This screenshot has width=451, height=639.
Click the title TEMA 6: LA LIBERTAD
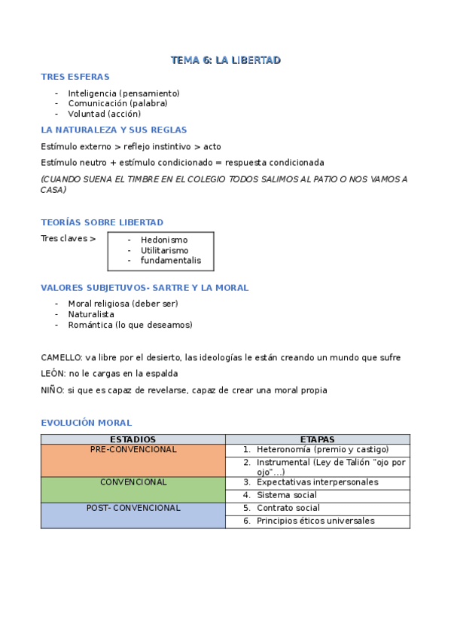click(225, 60)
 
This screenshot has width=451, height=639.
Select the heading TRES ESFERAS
click(75, 77)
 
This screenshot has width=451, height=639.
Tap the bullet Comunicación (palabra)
click(117, 103)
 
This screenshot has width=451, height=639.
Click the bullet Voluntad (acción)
click(104, 114)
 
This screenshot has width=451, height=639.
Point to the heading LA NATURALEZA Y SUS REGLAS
click(114, 130)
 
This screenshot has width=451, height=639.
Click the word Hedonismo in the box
click(164, 240)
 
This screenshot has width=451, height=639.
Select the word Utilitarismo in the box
click(164, 250)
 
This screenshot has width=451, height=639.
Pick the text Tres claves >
click(68, 239)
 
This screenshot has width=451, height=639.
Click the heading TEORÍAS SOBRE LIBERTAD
click(102, 222)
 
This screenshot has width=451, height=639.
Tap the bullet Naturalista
click(91, 314)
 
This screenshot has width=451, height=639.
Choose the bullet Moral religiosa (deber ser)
click(123, 304)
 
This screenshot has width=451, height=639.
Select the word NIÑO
click(52, 390)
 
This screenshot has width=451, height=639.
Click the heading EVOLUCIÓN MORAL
click(86, 423)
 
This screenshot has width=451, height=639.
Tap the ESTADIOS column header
click(133, 439)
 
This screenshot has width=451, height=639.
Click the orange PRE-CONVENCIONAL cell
click(133, 460)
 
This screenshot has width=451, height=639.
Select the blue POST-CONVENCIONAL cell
click(133, 515)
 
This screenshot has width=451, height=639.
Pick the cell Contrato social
click(288, 508)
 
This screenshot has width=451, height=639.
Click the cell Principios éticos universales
click(315, 521)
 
